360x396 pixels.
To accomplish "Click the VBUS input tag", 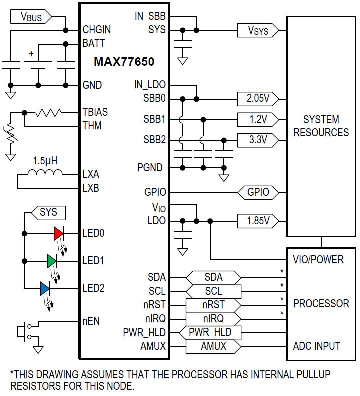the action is pos(31,17).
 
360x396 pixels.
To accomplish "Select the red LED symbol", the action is pos(59,234).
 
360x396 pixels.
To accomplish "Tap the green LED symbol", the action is pos(52,261).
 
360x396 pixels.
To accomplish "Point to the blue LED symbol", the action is pos(45,289).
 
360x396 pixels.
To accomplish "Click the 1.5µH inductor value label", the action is pos(45,161).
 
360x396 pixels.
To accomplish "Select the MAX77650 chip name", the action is pos(124,62).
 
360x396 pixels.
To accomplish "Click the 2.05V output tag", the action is pos(258,99).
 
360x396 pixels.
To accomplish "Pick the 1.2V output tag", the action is pos(258,120).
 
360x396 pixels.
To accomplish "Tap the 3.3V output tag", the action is pos(258,140).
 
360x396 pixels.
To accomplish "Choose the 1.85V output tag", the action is pos(258,221).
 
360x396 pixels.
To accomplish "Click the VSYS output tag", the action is pos(258,30).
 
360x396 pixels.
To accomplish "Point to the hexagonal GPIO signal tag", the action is pos(258,193).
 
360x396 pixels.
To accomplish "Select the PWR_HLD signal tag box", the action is pos(210,333).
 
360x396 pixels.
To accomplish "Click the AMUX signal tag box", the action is pos(213,347).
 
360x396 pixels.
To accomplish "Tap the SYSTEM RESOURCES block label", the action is pos(321,126).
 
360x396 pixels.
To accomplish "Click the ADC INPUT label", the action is pos(317,346).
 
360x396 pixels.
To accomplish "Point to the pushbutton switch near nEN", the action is pos(24,331).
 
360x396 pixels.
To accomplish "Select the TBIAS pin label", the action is pos(95,112).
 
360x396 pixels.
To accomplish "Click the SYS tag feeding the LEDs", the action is pos(48,213).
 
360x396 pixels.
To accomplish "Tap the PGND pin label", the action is pos(150,167).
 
